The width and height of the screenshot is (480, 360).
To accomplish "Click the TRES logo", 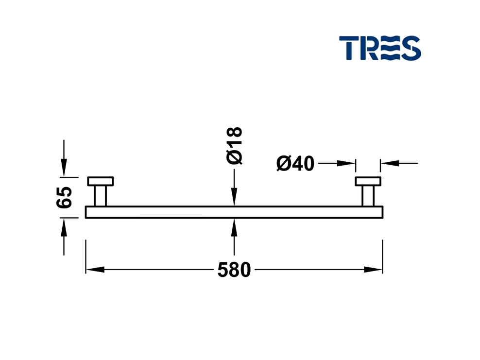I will point(380,48).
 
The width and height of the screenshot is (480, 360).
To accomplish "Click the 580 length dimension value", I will point(234,270).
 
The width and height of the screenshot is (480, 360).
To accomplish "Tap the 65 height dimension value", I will point(65,197).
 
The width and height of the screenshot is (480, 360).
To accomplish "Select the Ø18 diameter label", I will point(234,146).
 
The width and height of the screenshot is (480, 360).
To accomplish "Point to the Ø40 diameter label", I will point(295,164).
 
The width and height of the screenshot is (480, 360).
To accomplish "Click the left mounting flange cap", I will point(100,181).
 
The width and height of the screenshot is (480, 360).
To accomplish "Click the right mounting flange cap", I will point(368,181).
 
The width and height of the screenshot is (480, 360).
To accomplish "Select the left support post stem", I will point(100,196).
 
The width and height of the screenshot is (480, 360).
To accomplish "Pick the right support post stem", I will point(368,196).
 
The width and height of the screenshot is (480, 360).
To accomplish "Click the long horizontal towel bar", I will point(234,212).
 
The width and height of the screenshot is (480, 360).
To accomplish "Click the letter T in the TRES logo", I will point(348,48).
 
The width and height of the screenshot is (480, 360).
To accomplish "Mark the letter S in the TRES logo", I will point(411,48).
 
